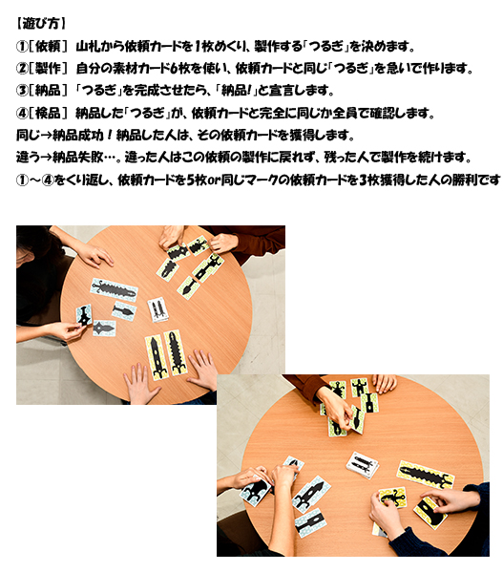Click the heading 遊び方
pyautogui.click(x=41, y=24)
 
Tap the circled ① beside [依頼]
pyautogui.click(x=22, y=47)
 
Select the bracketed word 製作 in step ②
pyautogui.click(x=48, y=69)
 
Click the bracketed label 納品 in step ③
pyautogui.click(x=48, y=91)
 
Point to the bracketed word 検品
pyautogui.click(x=48, y=113)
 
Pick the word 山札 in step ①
pyautogui.click(x=88, y=47)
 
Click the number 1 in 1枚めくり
pyautogui.click(x=197, y=47)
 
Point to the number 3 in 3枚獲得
pyautogui.click(x=363, y=180)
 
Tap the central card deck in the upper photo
pyautogui.click(x=157, y=309)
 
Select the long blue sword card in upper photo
pyautogui.click(x=114, y=290)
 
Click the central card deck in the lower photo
pyautogui.click(x=363, y=465)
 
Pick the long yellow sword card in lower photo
pyautogui.click(x=425, y=475)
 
